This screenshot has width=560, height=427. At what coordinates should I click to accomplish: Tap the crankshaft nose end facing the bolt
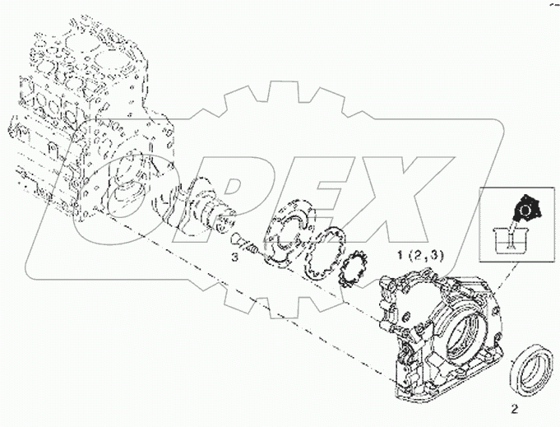(x=224, y=221)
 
